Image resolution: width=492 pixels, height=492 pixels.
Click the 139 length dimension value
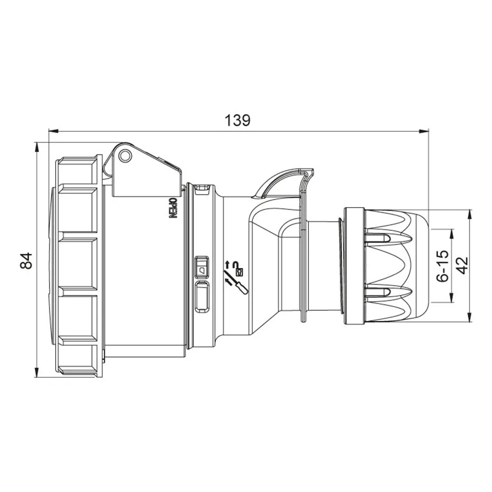238,120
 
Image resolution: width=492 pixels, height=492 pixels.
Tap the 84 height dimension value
27,260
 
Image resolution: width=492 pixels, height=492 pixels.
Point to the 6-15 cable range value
444,266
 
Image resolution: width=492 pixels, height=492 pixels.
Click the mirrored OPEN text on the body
174,208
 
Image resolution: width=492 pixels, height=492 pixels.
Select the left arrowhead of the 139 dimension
54,131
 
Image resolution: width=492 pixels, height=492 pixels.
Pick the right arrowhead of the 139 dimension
424,131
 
